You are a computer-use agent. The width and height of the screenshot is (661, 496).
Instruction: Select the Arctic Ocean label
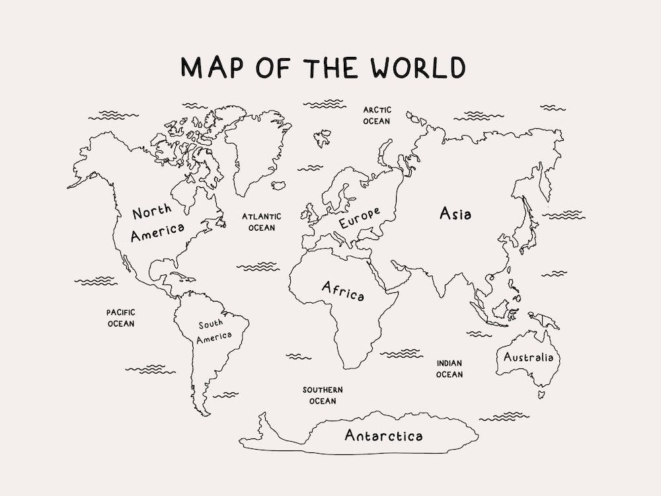[x=377, y=115]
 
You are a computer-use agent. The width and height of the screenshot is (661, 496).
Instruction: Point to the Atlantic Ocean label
[x=261, y=222]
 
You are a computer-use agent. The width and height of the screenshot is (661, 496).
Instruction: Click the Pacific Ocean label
[x=121, y=317]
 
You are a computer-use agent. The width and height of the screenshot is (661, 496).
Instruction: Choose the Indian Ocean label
[x=449, y=368]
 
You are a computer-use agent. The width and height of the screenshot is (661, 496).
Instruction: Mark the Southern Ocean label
[x=323, y=395]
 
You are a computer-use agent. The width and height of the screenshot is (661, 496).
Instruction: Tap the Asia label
[x=455, y=213]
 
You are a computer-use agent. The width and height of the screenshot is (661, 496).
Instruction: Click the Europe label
[x=360, y=218]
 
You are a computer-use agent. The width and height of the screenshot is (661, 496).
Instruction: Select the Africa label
[x=342, y=290]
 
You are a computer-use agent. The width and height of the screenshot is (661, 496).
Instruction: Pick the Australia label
[x=528, y=358]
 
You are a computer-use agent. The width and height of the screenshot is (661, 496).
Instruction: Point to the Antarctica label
[x=383, y=435]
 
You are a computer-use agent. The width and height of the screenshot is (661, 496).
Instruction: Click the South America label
[x=215, y=331]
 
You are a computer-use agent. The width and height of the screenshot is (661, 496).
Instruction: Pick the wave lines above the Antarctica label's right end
[x=504, y=417]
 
